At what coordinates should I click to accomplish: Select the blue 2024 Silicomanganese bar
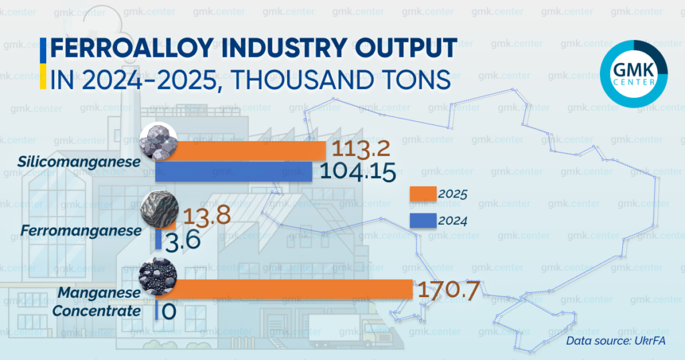pos(234,172)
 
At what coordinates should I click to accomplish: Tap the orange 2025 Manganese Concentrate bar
pos(288,289)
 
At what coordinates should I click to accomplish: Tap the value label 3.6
pos(182,241)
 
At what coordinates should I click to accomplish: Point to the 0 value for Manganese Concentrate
pos(169,311)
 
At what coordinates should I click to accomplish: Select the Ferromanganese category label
pos(81,230)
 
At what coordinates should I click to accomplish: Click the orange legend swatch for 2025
pos(422,194)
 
